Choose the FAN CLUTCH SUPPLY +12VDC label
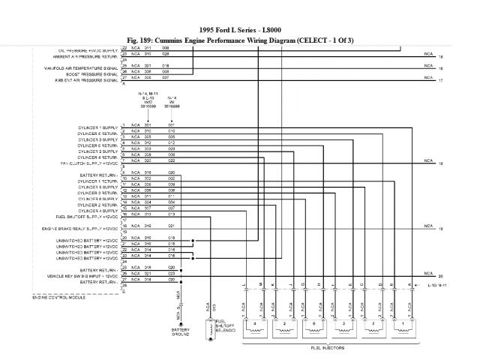point(89,162)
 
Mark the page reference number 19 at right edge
point(441,228)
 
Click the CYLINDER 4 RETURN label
point(98,156)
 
